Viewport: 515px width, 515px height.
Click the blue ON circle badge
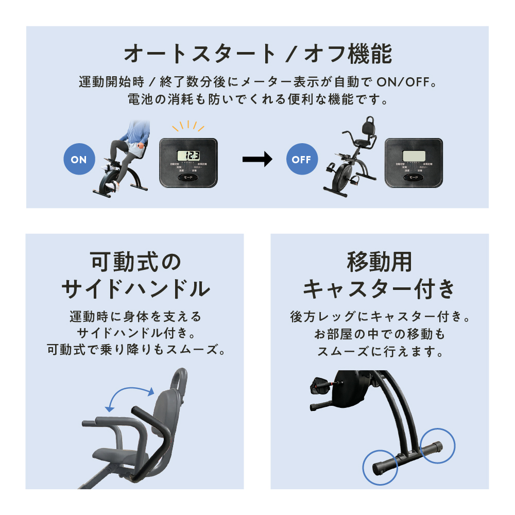tap(79, 160)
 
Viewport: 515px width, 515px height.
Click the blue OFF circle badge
tap(301, 160)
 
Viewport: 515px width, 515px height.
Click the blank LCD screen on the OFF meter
tap(414, 155)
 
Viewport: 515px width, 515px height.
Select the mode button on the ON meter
tap(188, 177)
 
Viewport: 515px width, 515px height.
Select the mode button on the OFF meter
tap(414, 177)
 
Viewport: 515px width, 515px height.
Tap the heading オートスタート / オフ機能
tap(257, 54)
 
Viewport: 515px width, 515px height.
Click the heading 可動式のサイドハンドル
tap(135, 275)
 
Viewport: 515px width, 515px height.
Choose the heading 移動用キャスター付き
tap(380, 275)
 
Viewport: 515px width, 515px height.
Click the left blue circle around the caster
tap(381, 468)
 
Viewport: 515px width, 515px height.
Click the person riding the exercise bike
tap(129, 149)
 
